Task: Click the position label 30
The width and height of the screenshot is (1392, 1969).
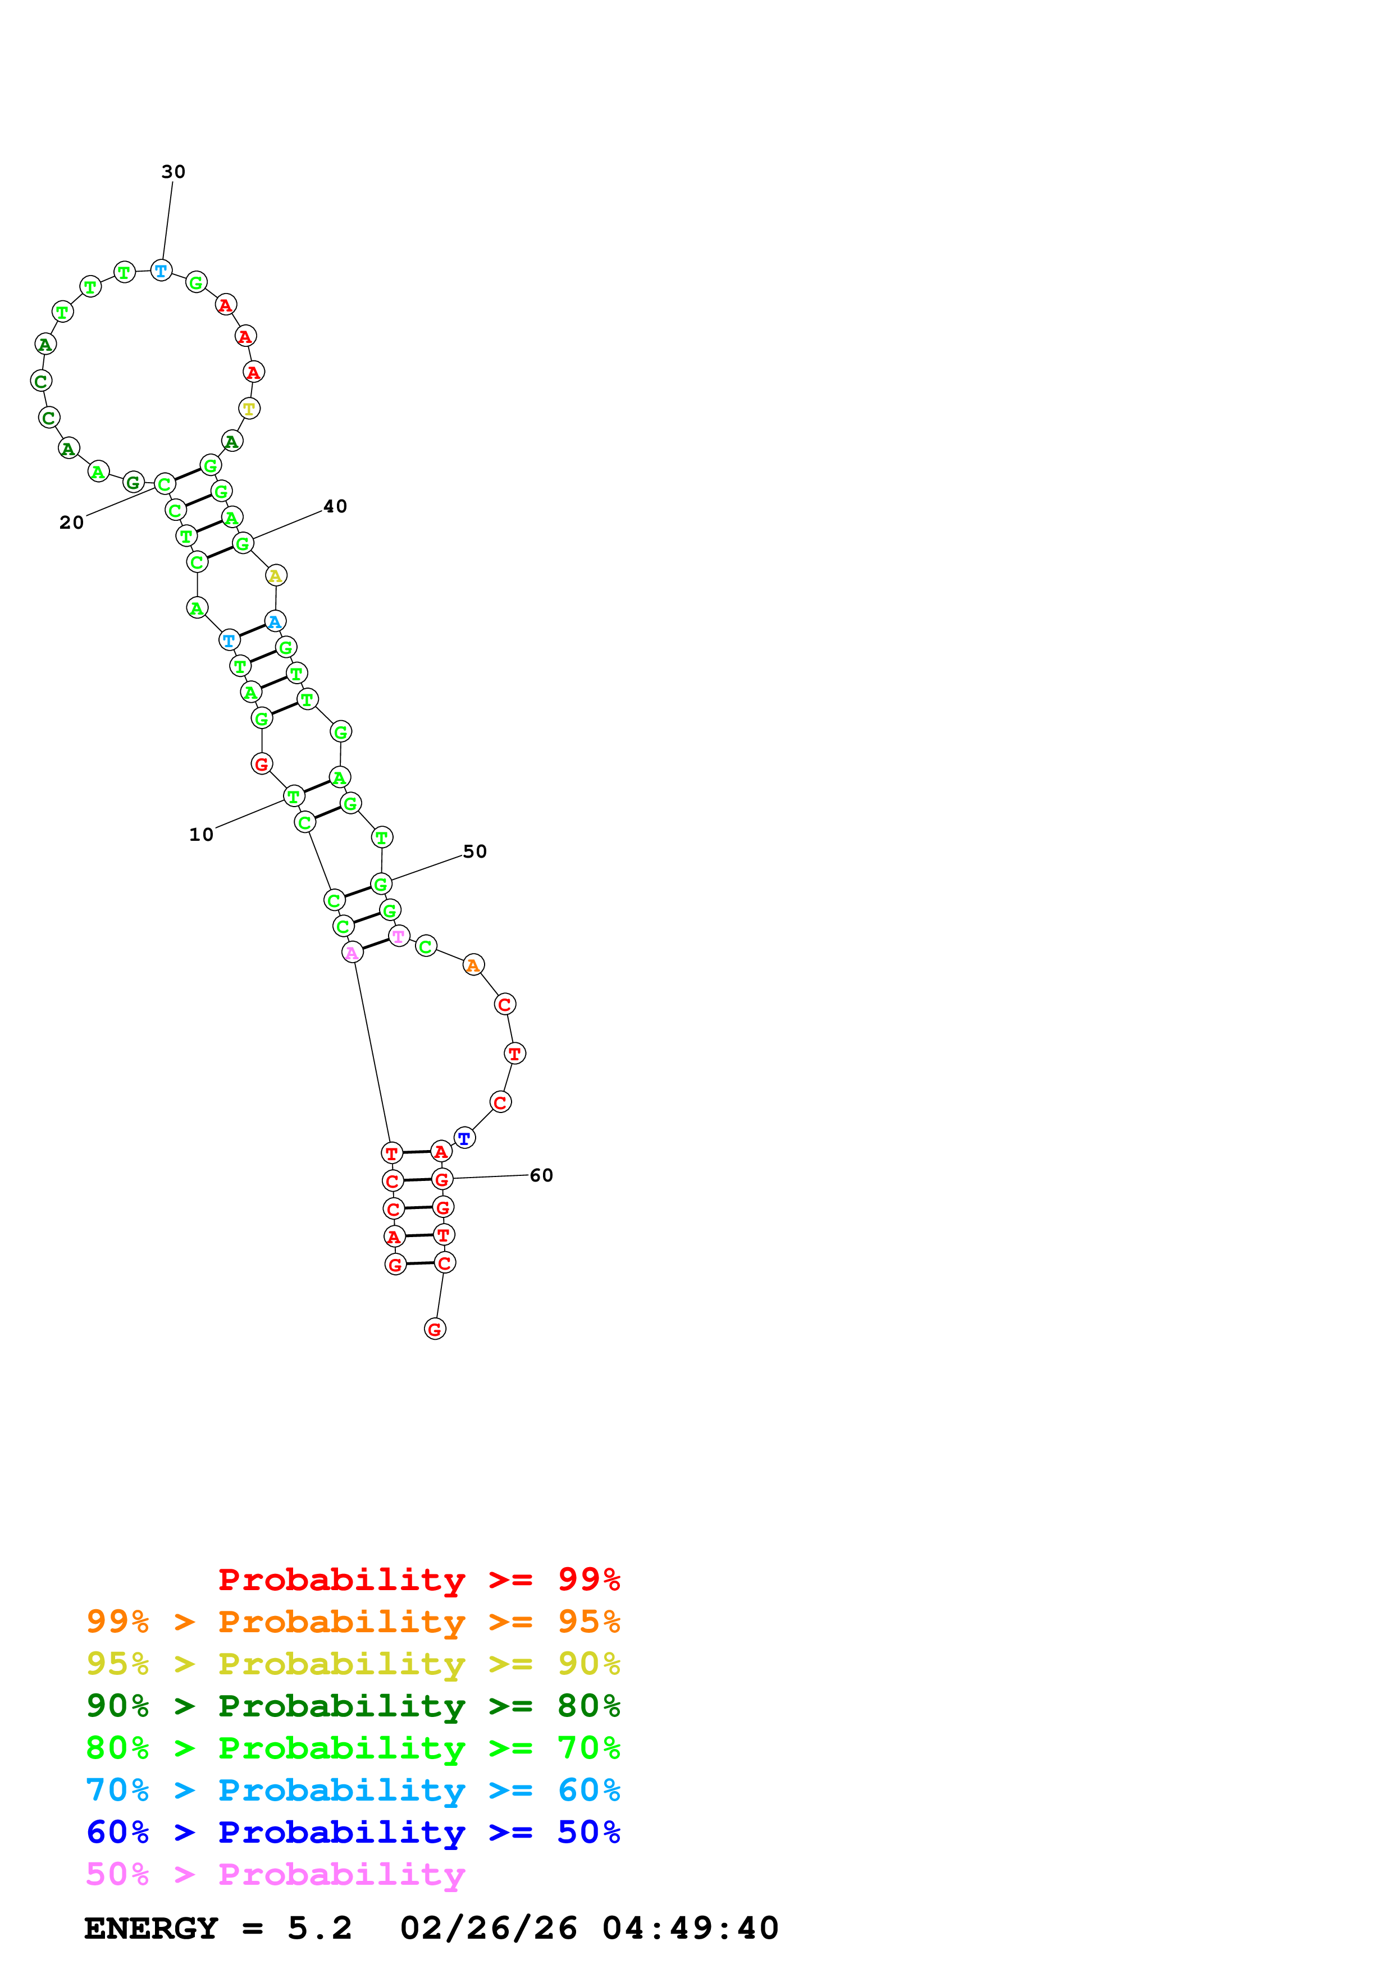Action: pos(174,172)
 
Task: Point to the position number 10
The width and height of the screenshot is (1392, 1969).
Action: pos(200,835)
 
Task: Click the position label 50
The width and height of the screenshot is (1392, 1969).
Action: pos(474,851)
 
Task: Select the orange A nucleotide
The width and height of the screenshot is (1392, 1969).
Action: pos(473,965)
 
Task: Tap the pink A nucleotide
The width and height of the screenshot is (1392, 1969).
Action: pos(352,953)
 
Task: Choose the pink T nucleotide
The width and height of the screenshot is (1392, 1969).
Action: pos(398,936)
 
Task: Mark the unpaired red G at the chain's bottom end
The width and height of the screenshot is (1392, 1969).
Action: pos(435,1329)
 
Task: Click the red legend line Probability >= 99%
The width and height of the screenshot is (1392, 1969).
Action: pos(418,1579)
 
